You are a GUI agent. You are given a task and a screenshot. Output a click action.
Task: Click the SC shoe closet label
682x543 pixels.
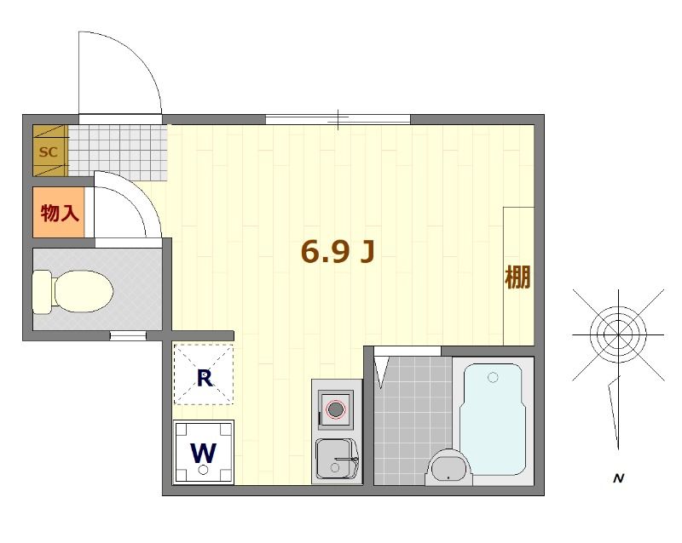[49, 152]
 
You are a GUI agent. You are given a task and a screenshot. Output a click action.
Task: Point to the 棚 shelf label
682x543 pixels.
[517, 277]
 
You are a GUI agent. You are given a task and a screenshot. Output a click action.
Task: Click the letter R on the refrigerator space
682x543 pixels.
[204, 378]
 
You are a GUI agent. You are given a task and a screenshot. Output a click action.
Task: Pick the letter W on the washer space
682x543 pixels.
[203, 453]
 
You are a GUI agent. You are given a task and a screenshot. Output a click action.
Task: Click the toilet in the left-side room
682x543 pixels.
[73, 290]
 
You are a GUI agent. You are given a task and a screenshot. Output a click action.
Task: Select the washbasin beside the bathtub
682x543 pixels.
[449, 467]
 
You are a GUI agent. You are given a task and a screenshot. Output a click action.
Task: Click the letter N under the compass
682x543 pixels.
[619, 479]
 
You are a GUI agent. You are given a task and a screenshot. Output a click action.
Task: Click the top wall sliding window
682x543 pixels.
[338, 119]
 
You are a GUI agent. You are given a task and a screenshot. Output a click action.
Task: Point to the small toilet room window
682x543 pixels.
[128, 336]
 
